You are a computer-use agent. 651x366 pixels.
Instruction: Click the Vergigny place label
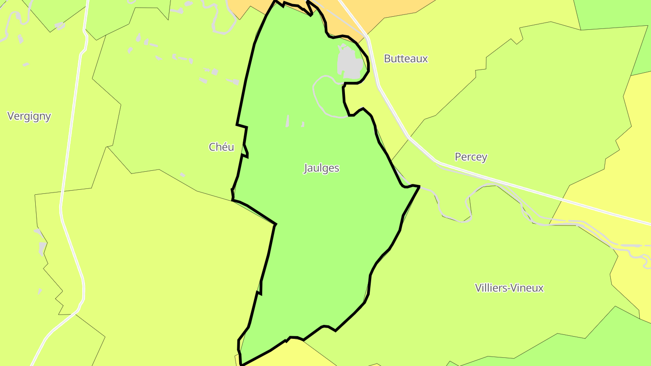pyautogui.click(x=29, y=116)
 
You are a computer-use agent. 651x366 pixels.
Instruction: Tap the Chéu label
pyautogui.click(x=222, y=147)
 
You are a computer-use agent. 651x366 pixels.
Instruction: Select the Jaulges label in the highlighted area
pyautogui.click(x=321, y=168)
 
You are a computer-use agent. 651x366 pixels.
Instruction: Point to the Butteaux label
pyautogui.click(x=406, y=59)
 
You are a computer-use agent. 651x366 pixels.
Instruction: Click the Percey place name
pyautogui.click(x=471, y=157)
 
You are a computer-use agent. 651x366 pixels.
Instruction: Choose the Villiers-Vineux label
pyautogui.click(x=509, y=288)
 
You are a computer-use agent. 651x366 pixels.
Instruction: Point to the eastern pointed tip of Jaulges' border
pyautogui.click(x=419, y=186)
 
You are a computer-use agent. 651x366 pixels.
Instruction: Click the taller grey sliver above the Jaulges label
pyautogui.click(x=288, y=121)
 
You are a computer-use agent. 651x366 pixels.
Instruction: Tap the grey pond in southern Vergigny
pyautogui.click(x=42, y=248)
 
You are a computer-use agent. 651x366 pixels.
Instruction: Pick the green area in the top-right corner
pyautogui.click(x=615, y=14)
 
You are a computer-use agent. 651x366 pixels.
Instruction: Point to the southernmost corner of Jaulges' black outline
pyautogui.click(x=242, y=364)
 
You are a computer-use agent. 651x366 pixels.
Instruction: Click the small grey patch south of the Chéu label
pyautogui.click(x=183, y=174)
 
